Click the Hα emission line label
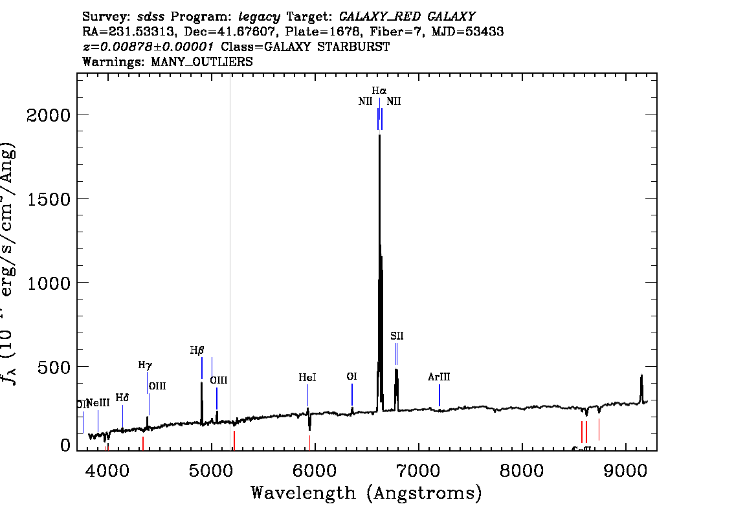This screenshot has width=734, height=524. (379, 91)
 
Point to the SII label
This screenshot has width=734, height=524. (397, 336)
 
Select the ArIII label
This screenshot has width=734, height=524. (439, 377)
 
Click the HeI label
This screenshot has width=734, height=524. (307, 377)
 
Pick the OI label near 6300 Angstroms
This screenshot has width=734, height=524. (351, 376)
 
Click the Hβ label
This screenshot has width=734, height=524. (197, 350)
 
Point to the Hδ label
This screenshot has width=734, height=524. (122, 397)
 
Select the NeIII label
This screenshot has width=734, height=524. (98, 403)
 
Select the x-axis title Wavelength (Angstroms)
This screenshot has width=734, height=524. (366, 493)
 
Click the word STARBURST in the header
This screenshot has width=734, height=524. (359, 47)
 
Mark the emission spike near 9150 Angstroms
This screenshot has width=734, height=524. (641, 377)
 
